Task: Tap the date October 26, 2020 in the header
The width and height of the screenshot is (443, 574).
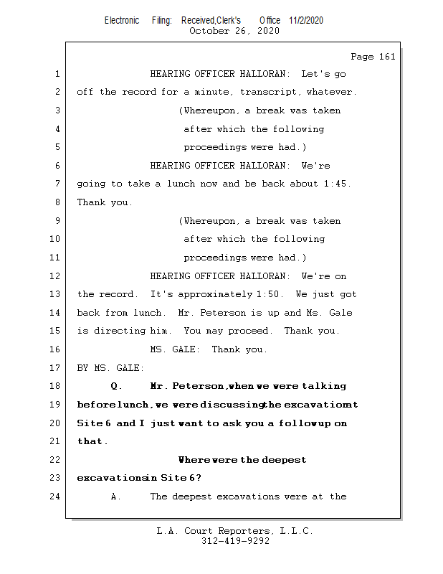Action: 234,31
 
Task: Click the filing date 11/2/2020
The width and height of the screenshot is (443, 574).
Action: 306,20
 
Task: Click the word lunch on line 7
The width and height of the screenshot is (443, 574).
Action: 181,184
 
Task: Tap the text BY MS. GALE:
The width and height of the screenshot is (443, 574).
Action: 110,368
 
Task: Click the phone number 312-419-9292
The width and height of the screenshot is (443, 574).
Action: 235,541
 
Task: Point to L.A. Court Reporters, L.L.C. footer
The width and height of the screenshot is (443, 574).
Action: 235,531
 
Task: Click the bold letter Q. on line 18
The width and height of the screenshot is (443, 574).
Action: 117,386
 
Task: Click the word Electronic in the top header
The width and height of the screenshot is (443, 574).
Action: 122,20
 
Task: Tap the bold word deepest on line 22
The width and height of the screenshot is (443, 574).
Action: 285,459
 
